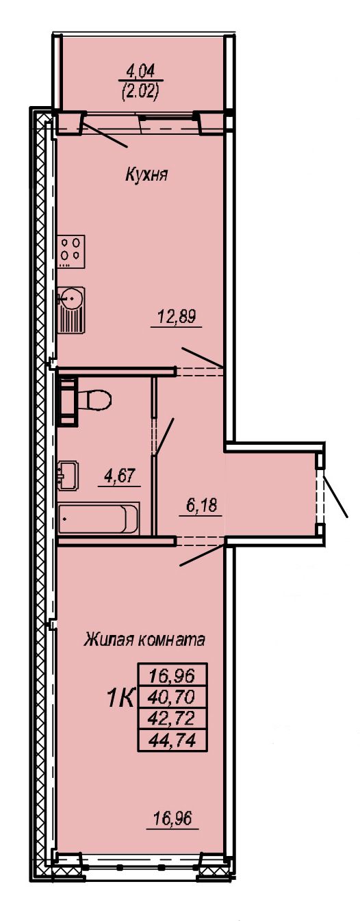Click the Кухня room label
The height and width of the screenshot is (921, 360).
point(146,176)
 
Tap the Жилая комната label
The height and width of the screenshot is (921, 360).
point(144,640)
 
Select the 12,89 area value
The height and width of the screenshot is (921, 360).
point(177,317)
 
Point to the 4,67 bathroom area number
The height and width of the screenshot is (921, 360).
point(120,476)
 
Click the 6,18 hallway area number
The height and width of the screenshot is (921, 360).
point(202,504)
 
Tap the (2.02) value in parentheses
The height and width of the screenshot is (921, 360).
point(140,92)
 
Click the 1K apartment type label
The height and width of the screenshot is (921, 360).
point(120,699)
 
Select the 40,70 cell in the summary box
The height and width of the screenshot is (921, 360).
point(172,697)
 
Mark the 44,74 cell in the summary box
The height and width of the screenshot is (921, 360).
point(172,740)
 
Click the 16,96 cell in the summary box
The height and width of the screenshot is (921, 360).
point(172,675)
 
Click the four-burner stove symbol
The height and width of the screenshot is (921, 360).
point(71,251)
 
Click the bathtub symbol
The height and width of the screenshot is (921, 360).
point(99,518)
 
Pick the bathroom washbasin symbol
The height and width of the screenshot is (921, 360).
point(68,476)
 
